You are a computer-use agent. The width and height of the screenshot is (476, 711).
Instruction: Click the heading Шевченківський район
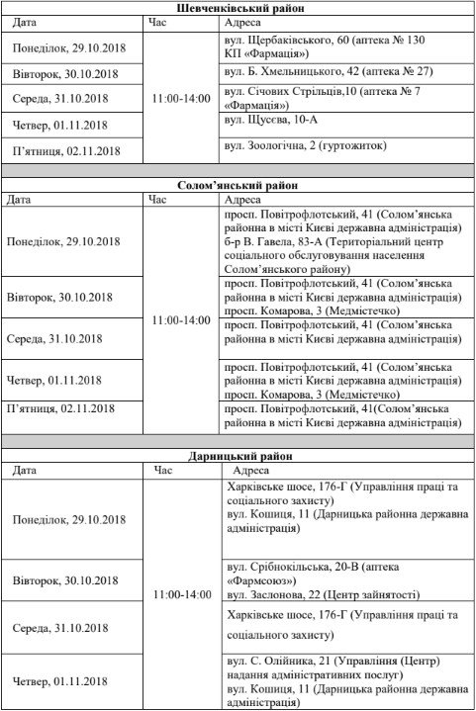coord(238,7)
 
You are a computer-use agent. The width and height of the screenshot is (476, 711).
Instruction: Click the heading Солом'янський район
coord(238,185)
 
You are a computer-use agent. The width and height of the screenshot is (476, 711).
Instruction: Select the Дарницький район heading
coord(238,457)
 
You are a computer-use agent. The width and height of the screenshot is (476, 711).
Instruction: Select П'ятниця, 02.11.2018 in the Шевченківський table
coord(64,150)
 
